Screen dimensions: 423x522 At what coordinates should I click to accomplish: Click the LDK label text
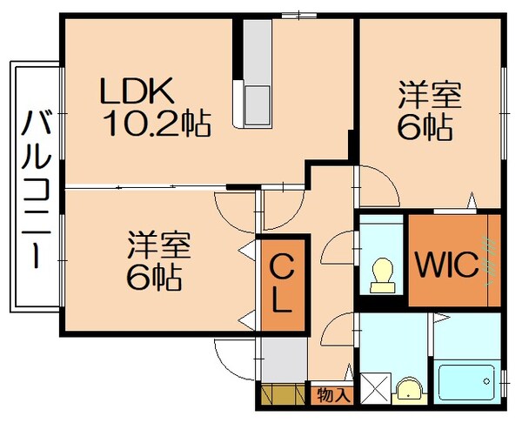click(138, 90)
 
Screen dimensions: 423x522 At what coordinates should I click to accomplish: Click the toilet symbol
click(380, 274)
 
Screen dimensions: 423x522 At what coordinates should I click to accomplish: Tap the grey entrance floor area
click(280, 359)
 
